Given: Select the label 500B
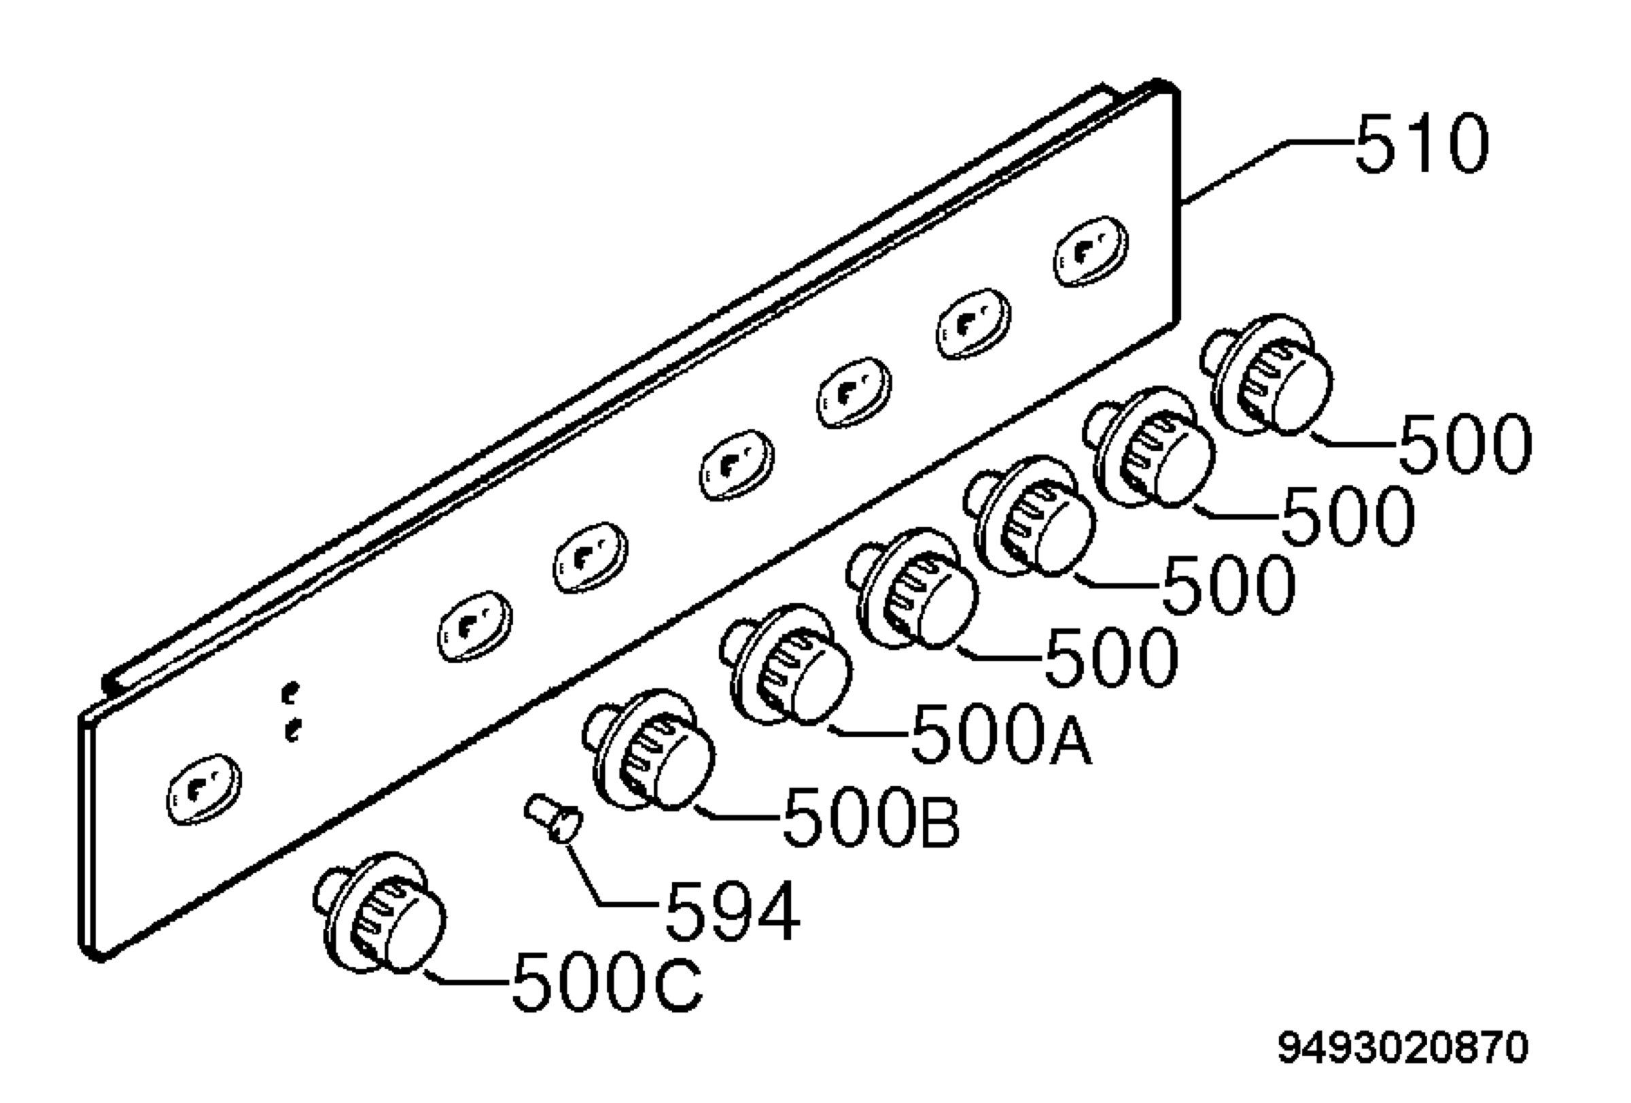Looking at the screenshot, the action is point(871,817).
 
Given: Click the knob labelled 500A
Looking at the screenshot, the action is point(786,665).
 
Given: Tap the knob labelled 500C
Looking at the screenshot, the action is point(380,912).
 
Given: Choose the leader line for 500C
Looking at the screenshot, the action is point(468,977).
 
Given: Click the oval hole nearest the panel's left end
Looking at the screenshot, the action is point(203,790).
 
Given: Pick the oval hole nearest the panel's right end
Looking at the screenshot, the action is point(1091,252).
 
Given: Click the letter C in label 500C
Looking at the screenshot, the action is point(678,981).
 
